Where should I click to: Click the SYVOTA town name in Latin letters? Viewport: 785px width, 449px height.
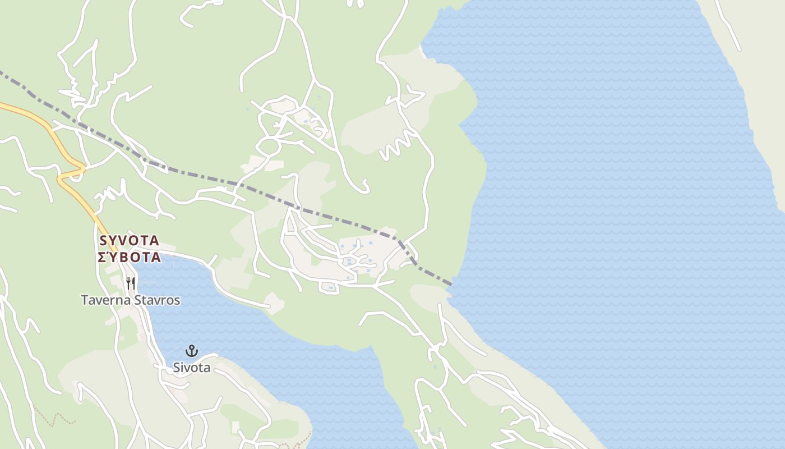[x=129, y=241]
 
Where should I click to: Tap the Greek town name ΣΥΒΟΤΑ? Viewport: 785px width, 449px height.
[x=129, y=258]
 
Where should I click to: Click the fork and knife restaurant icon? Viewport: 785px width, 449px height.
[x=131, y=282]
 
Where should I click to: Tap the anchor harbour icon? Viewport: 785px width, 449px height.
[x=192, y=351]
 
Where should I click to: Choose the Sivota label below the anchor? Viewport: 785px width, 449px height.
[x=192, y=368]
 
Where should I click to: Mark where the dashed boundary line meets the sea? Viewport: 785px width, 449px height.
[x=451, y=284]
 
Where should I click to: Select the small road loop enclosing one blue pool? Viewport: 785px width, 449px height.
[x=329, y=287]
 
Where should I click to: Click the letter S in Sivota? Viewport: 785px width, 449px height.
[x=176, y=368]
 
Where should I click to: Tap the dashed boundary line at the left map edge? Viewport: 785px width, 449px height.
[x=2, y=73]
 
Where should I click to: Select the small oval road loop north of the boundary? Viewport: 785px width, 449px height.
[x=269, y=147]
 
